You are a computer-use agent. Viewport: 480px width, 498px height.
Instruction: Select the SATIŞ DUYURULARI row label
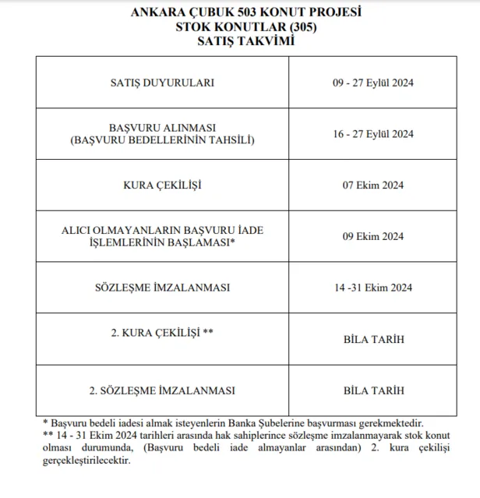pos(162,82)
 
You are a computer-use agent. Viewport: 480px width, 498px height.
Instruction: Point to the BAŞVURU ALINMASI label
pos(162,127)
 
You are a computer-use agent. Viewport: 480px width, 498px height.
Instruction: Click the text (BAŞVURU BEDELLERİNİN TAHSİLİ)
pos(162,140)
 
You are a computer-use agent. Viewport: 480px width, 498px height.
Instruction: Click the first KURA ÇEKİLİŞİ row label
pos(162,185)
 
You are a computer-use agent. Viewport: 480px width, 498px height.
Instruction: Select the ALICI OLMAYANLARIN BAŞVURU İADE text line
pos(162,231)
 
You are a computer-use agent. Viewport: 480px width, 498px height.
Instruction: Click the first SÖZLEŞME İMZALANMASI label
pos(162,288)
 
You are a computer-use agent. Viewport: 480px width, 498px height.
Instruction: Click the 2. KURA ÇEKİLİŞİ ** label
pos(162,333)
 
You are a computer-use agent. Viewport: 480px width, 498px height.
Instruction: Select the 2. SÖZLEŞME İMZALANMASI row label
pos(162,390)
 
